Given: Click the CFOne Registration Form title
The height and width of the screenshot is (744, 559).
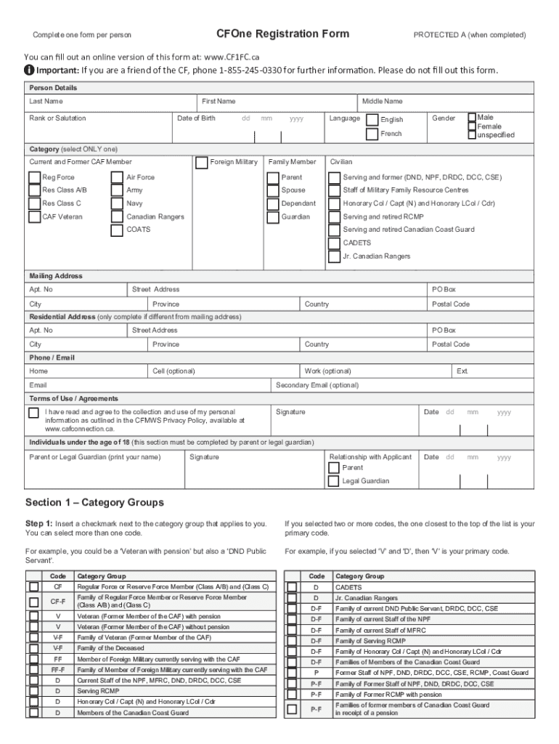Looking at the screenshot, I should coord(282,34).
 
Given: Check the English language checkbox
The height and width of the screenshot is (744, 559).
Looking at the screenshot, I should coord(372,120).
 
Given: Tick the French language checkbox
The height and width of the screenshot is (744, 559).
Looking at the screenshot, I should coord(372,134).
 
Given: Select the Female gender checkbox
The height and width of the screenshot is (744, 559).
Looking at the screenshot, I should coord(472,126).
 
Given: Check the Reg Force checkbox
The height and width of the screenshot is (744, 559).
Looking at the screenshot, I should coord(34,177).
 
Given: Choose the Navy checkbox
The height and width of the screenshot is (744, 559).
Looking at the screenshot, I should coord(116,204).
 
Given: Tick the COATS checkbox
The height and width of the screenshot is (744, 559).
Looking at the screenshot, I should coord(116,230).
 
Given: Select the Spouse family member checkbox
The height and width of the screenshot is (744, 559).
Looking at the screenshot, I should coord(273,190).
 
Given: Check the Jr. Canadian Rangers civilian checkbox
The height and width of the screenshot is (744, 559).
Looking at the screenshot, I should coord(335,256).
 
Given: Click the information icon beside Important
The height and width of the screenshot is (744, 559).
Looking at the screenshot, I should coord(28,70).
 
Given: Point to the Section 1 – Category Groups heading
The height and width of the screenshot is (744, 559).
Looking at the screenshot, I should coord(94,503).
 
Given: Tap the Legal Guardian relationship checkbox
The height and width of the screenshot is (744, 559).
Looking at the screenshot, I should coord(333,481).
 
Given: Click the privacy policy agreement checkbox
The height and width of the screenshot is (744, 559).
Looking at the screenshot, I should coord(34,413).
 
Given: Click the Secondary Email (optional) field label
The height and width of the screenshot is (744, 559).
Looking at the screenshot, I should coord(317,385).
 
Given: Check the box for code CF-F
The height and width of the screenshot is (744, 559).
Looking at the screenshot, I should coord(34,602).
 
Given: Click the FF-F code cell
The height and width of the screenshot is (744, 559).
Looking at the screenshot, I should coord(57,670).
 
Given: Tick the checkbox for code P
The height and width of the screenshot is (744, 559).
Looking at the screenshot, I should coord(292,673).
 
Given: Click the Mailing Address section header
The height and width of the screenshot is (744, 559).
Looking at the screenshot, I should coord(56,276).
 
